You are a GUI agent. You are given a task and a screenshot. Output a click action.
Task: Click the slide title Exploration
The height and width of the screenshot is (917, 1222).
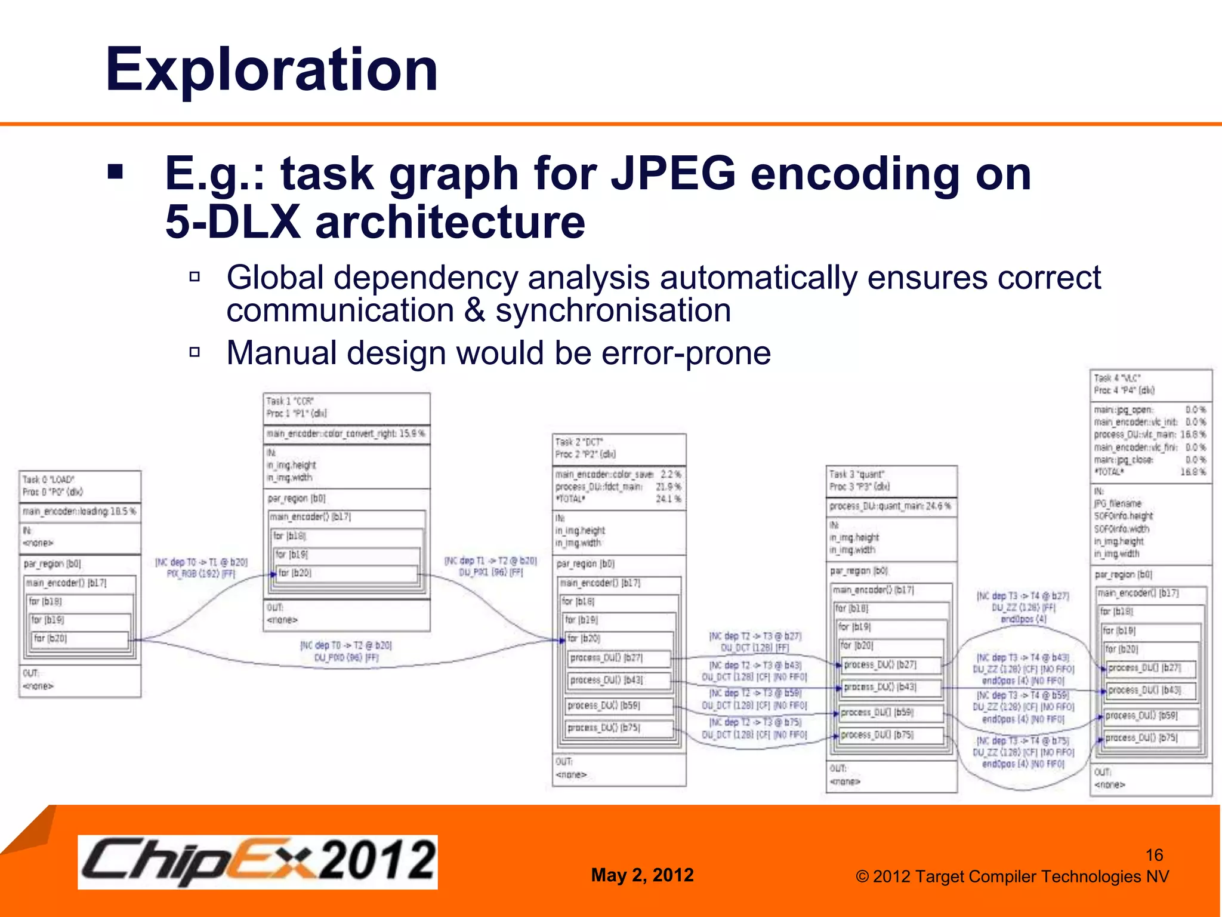pyautogui.click(x=271, y=70)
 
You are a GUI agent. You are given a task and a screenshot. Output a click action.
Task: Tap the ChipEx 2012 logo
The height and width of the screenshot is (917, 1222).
pyautogui.click(x=257, y=861)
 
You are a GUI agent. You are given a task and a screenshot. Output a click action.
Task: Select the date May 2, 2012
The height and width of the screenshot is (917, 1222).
pyautogui.click(x=642, y=875)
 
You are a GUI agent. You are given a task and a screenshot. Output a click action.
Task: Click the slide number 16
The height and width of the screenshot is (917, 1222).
pyautogui.click(x=1154, y=855)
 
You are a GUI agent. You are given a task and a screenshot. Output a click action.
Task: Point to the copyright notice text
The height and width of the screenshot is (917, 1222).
pyautogui.click(x=1012, y=876)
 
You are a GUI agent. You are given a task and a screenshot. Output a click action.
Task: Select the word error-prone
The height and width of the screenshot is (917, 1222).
pyautogui.click(x=686, y=353)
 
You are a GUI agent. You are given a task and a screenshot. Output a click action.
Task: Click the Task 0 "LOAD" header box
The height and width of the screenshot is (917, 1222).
pyautogui.click(x=80, y=486)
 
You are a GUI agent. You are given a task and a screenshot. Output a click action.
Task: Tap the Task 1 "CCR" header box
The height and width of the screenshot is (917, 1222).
pyautogui.click(x=346, y=407)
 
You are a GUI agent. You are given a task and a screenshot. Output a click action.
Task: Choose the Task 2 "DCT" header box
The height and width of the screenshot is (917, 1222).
pyautogui.click(x=619, y=448)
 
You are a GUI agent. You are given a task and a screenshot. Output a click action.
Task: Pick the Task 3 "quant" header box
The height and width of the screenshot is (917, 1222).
pyautogui.click(x=891, y=481)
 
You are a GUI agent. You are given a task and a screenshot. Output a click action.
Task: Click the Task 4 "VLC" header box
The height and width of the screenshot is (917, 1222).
pyautogui.click(x=1150, y=384)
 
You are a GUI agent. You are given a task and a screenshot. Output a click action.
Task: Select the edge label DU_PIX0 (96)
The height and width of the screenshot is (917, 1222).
pyautogui.click(x=346, y=657)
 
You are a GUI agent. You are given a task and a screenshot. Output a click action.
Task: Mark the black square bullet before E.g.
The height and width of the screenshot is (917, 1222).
pyautogui.click(x=115, y=173)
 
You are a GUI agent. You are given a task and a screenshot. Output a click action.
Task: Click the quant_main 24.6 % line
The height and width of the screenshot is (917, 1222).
pyautogui.click(x=890, y=506)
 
